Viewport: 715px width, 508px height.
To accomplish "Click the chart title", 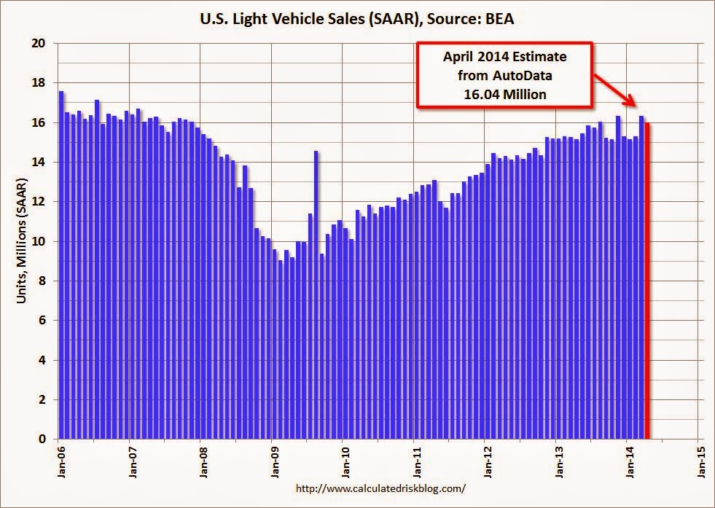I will (x=357, y=20).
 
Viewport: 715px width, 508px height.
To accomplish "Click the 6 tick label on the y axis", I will (x=42, y=321).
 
